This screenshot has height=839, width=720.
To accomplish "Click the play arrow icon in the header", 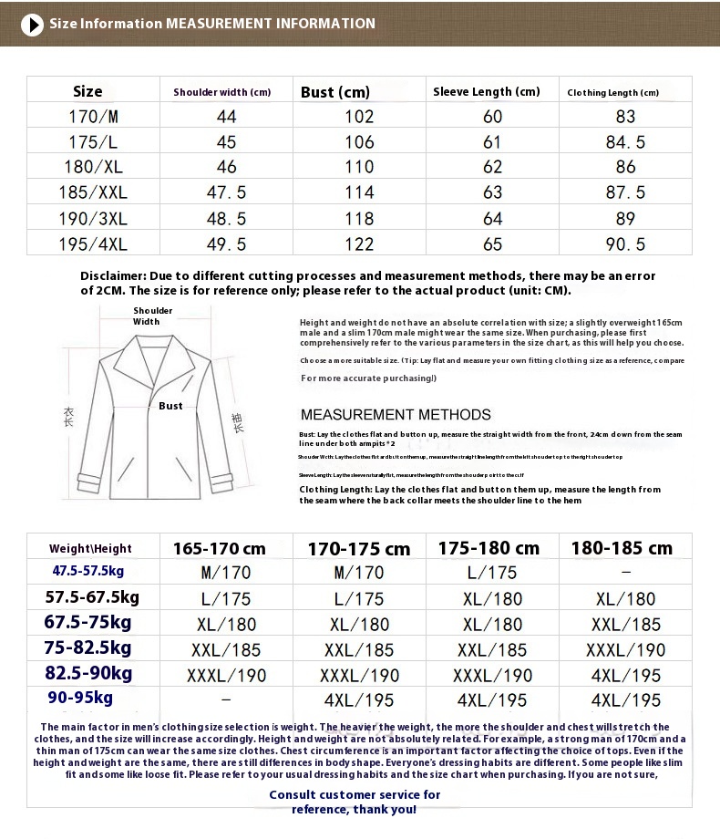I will coord(32,25).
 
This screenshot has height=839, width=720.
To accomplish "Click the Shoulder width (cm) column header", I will coord(222,92).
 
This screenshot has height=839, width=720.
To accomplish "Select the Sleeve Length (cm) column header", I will coord(486,91).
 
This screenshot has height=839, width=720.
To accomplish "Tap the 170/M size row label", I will coord(93,117).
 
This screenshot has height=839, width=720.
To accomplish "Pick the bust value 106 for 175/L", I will coord(359,142).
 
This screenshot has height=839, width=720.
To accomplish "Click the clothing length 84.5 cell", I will coord(625,142).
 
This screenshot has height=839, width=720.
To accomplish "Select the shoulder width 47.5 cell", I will coord(226,192).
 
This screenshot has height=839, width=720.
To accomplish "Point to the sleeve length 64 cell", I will coord(492,219).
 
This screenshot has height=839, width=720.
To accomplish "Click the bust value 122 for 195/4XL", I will coord(359,244).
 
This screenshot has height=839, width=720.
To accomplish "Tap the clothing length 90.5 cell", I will coord(625,244).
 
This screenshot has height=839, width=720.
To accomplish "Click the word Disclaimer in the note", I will coord(113,275).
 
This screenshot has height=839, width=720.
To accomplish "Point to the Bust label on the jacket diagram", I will coord(170,406).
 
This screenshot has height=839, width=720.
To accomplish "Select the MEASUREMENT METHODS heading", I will coord(396,414).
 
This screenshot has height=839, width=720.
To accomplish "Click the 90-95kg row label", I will coord(82,698).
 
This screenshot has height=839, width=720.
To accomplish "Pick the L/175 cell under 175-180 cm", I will coord(492,573).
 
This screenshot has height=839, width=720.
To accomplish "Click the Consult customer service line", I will coord(355,794).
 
